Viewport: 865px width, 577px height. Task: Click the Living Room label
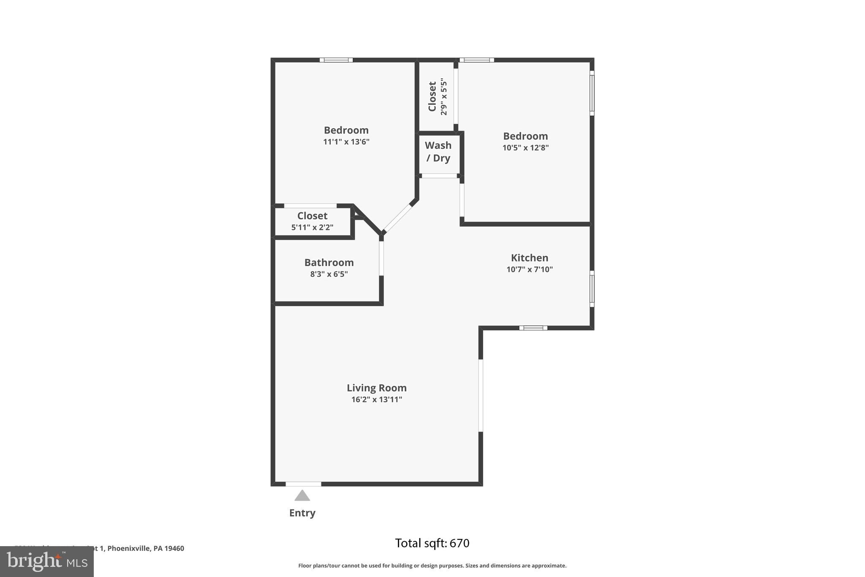click(376, 388)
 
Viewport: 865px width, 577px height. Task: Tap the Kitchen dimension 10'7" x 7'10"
click(529, 269)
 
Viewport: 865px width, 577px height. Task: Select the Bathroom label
click(329, 263)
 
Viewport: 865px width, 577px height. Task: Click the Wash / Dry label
click(438, 152)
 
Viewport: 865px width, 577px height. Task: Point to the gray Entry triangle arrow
click(302, 495)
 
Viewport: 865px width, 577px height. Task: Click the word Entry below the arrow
click(302, 513)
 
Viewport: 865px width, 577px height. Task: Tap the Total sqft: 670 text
click(432, 543)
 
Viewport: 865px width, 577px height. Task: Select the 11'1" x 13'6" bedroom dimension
click(346, 142)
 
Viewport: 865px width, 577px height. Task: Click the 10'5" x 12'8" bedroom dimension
click(525, 148)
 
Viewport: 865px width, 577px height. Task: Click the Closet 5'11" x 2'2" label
click(312, 221)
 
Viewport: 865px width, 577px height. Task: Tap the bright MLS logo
click(46, 561)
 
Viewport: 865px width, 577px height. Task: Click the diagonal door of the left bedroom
click(397, 219)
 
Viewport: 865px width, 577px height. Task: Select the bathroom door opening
click(381, 258)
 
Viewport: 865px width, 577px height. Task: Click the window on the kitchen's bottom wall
click(533, 328)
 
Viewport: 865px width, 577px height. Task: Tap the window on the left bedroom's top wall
click(336, 60)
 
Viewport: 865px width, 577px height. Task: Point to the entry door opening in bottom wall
click(303, 484)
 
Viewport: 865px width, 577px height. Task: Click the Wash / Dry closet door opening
click(439, 176)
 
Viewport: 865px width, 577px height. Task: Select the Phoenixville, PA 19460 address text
click(145, 548)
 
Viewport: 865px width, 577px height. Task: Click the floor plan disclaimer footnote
click(432, 566)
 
